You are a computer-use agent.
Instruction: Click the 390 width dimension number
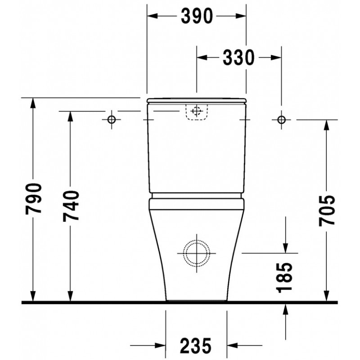coord(197,16)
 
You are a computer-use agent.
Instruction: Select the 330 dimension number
coord(239,58)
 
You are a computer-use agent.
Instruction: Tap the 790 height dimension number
coord(33,199)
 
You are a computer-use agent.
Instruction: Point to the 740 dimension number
coord(71,206)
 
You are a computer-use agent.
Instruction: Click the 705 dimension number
coord(327,211)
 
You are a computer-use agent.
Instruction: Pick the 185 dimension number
coord(285,278)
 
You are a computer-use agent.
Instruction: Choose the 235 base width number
coord(196,345)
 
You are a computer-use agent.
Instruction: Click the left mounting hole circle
coord(112,119)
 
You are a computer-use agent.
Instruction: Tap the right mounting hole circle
coord(282,120)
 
